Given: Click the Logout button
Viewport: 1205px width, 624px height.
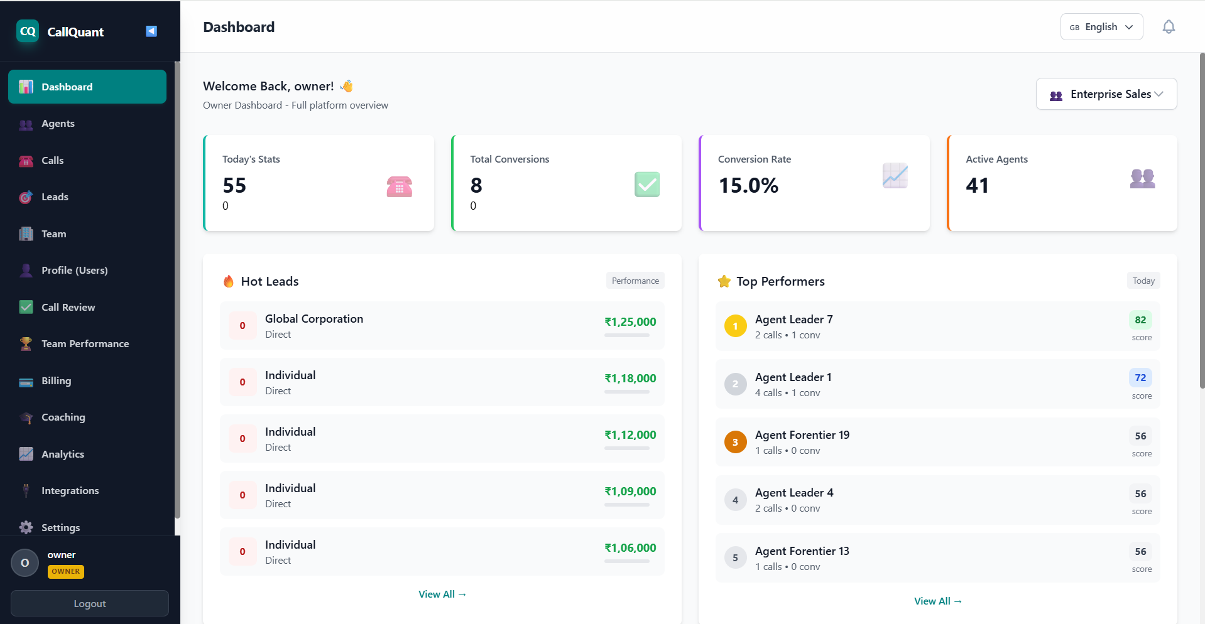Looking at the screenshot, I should pos(89,603).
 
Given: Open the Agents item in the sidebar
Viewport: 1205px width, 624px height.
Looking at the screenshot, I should pos(58,124).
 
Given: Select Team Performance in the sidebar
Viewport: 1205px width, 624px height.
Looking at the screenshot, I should pos(85,344).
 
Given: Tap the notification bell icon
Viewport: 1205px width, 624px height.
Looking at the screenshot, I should pos(1168,27).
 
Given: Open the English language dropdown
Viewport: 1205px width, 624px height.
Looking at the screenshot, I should pos(1101,27).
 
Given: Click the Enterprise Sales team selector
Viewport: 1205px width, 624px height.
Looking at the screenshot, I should pos(1106,94).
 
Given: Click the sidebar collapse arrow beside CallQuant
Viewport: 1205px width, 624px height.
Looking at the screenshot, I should pos(151,31).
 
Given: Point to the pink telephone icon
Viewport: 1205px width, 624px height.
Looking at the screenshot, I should pos(399,186).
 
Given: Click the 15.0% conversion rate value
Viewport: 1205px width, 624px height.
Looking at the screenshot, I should pos(748,186).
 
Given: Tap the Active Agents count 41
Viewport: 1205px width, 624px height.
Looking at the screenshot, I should pos(977,186).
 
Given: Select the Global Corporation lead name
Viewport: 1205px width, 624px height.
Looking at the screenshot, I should pos(314,319).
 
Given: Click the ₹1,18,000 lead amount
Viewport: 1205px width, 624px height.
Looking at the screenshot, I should pos(630,379).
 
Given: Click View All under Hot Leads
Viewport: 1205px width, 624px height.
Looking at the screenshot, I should pos(442,594).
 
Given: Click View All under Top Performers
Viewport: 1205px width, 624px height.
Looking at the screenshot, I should pos(937,601).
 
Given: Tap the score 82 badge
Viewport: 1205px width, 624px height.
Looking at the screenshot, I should pos(1140,320).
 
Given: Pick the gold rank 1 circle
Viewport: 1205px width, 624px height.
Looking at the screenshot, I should pos(735,326).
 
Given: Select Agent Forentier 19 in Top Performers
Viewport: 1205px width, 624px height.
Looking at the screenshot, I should pos(802,435).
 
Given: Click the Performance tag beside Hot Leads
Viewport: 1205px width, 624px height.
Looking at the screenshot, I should pos(635,281).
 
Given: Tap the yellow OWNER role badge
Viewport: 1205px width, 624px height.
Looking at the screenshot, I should pos(65,571).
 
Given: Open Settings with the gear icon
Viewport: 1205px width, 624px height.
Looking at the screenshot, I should pos(26,527).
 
